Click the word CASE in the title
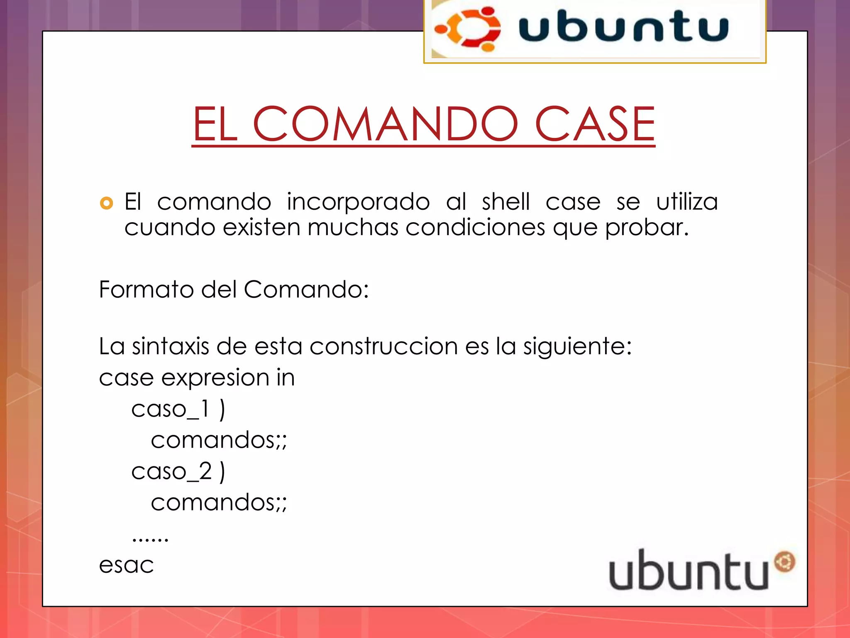tap(595, 124)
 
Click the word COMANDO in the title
tap(385, 124)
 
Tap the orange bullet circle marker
tap(107, 203)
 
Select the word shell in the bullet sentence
tap(506, 202)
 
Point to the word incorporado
tap(358, 203)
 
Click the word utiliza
tap(687, 202)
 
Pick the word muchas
tap(353, 228)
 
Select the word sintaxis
tap(170, 346)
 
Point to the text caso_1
tap(170, 409)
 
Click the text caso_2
tap(171, 471)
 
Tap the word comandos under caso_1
tap(218, 440)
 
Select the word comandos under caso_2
tap(218, 503)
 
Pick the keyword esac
tap(126, 565)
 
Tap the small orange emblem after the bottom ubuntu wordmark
tap(784, 562)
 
